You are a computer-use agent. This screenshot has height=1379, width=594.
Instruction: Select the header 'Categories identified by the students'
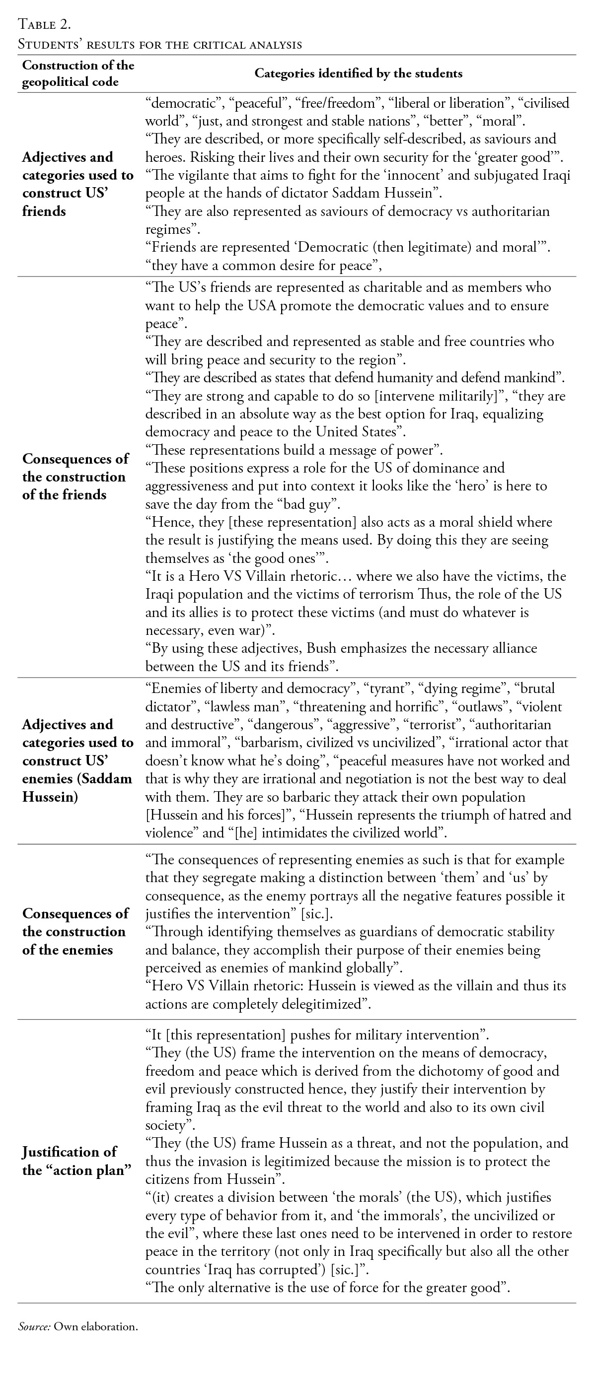click(358, 73)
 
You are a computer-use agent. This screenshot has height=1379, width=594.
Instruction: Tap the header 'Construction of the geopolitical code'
click(77, 73)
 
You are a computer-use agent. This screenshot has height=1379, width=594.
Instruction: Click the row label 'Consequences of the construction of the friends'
click(75, 477)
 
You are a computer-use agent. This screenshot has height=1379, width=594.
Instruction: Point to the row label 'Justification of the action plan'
click(76, 1161)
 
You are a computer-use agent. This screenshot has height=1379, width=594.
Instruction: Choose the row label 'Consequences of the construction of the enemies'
click(75, 931)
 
